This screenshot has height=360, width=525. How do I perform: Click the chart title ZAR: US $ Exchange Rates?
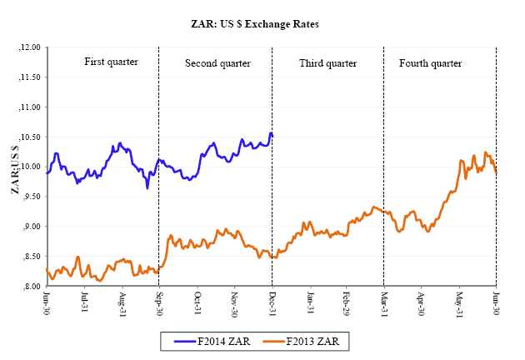(x=262, y=24)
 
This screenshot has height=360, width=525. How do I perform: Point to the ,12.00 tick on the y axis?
(x=28, y=47)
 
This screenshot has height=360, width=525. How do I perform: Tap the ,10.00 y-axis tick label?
(x=28, y=167)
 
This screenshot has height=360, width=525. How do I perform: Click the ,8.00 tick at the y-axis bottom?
(x=30, y=286)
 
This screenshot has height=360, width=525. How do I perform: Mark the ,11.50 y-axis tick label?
(x=28, y=77)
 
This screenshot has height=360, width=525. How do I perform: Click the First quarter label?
(x=111, y=62)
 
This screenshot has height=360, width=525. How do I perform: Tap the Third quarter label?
(x=327, y=63)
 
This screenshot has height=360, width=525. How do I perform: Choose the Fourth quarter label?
(x=430, y=63)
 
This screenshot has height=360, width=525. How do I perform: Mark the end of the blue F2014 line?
(x=272, y=135)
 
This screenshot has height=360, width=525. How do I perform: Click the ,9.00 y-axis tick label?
(x=30, y=227)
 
